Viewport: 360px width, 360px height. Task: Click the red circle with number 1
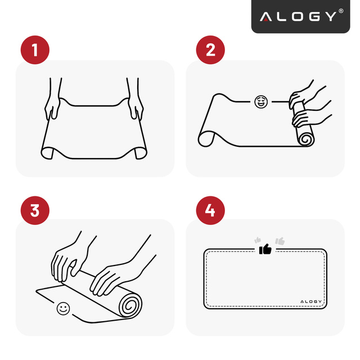pos(35,50)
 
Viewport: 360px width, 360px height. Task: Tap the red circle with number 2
pos(210,50)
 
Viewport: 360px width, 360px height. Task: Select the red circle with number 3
pos(35,211)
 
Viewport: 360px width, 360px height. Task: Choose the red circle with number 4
pos(210,211)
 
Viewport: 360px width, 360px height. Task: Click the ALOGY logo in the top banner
pos(298,16)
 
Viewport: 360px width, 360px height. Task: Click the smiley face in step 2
pos(260,102)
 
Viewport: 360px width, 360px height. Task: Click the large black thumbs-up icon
pos(265,249)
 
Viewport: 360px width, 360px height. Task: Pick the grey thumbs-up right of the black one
pos(280,241)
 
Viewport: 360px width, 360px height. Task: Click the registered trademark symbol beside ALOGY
pos(341,12)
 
